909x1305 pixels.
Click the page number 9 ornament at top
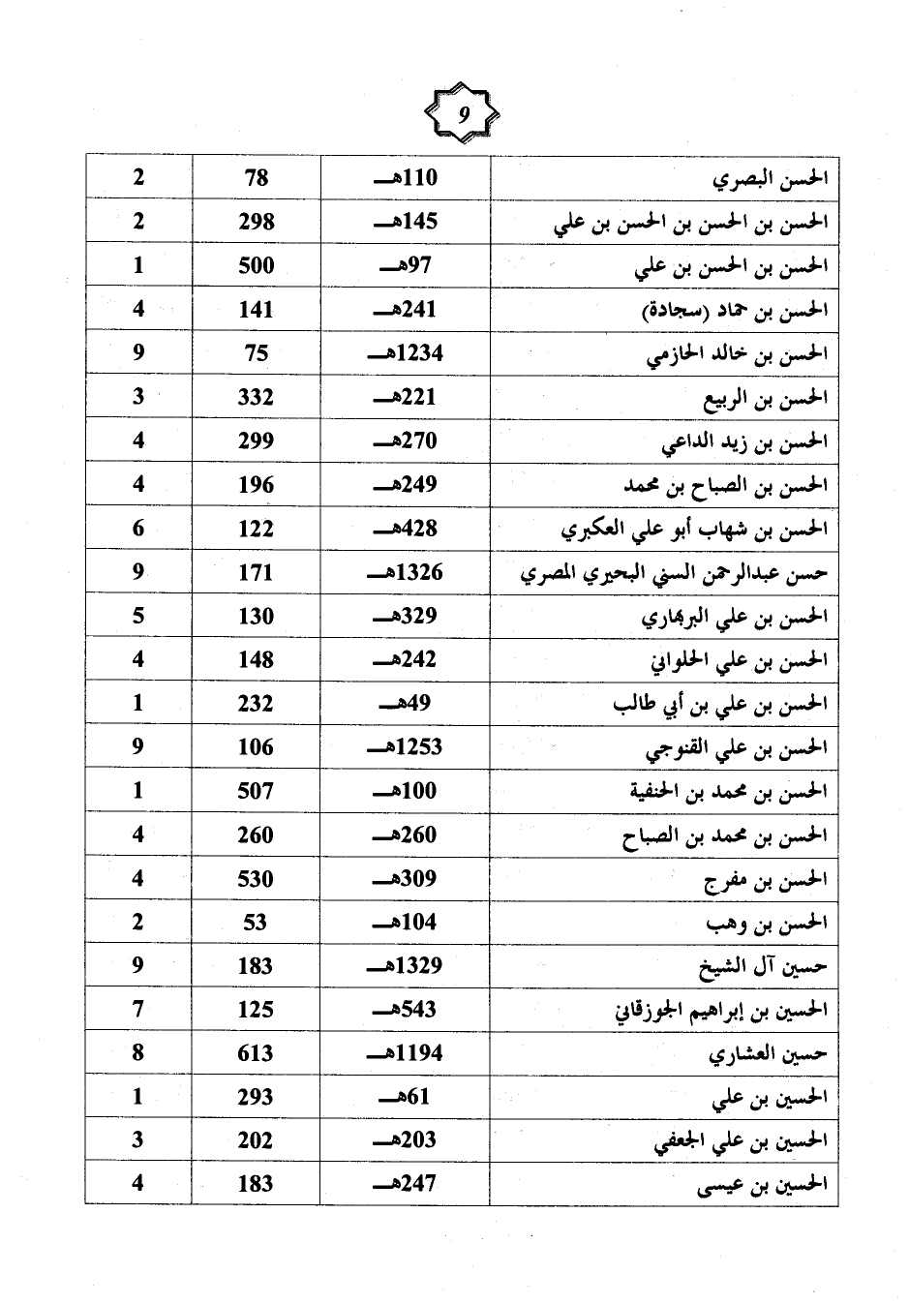(464, 114)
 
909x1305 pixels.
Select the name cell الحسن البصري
(769, 179)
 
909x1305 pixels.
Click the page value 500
(257, 266)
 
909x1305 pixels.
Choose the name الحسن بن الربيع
(764, 398)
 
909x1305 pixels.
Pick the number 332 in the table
(257, 397)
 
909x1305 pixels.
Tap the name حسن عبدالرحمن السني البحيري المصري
(674, 573)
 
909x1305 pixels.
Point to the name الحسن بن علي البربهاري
(734, 617)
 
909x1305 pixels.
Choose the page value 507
(257, 791)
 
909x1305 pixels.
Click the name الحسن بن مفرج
(765, 880)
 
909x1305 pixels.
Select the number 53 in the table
(256, 923)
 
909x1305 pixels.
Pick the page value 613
(257, 1053)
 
